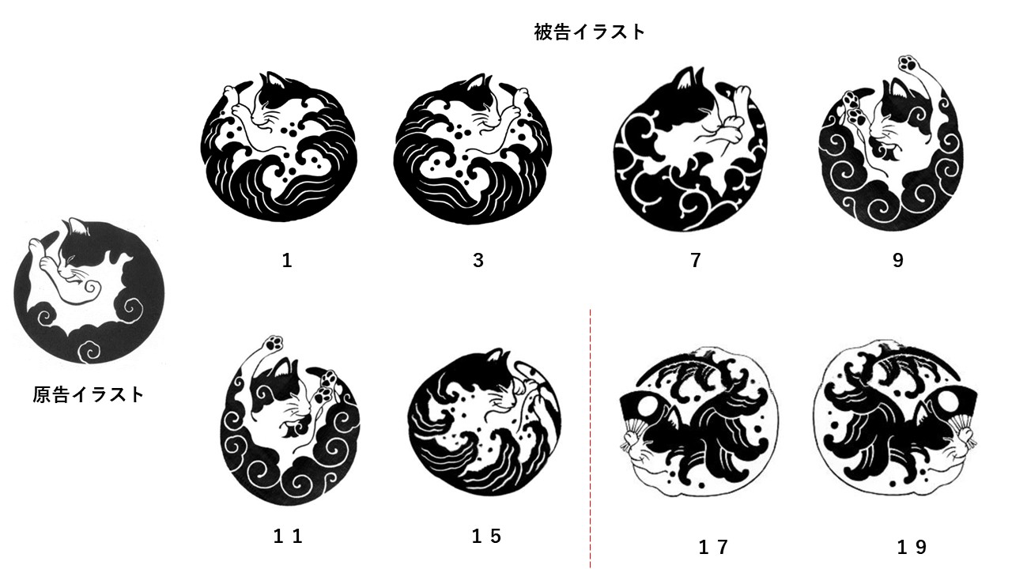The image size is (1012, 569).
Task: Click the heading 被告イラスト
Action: [x=589, y=32]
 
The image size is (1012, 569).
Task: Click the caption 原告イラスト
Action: [x=89, y=394]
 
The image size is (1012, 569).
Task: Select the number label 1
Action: [x=287, y=260]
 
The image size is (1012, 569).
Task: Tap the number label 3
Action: [x=478, y=260]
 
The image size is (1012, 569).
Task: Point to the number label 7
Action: [x=696, y=260]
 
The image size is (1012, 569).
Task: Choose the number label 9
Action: [x=897, y=260]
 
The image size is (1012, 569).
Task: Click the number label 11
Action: [x=288, y=537]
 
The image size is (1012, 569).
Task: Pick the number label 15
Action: [x=486, y=537]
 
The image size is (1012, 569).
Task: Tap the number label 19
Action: [x=912, y=546]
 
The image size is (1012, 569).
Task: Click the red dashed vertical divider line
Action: [x=591, y=435]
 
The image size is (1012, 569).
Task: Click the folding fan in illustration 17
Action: [x=641, y=415]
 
